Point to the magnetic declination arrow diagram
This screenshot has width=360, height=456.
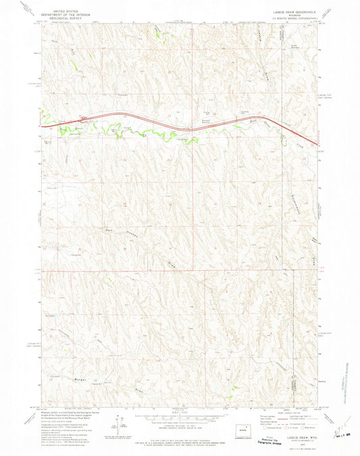[x=122, y=426]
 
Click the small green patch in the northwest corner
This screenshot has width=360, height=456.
[x=72, y=63]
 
